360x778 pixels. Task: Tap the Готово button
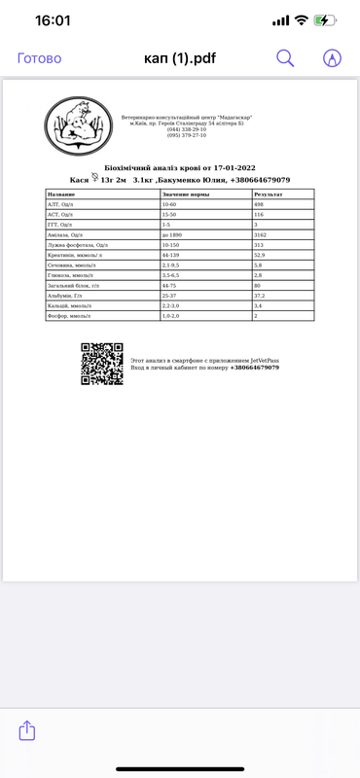click(40, 58)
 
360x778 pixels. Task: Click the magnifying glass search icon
click(285, 58)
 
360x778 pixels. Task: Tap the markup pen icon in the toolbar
click(332, 58)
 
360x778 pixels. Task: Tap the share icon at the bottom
click(28, 728)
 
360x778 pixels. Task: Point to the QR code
click(101, 365)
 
